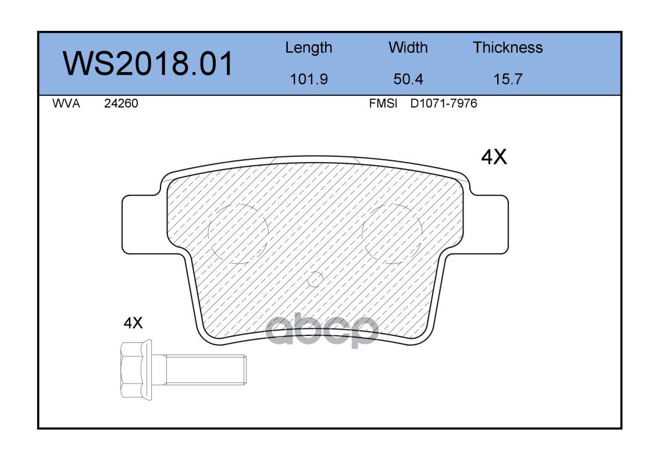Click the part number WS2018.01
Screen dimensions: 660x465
(148, 63)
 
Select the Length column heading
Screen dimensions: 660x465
(309, 48)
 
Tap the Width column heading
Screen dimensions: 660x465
(408, 47)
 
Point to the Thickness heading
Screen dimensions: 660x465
(508, 47)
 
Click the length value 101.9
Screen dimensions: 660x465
(309, 79)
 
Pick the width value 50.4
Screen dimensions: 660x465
(408, 79)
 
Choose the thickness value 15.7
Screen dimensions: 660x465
(508, 79)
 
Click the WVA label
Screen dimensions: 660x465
(66, 103)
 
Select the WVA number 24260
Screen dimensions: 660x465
(121, 103)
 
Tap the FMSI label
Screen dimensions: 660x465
(383, 103)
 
